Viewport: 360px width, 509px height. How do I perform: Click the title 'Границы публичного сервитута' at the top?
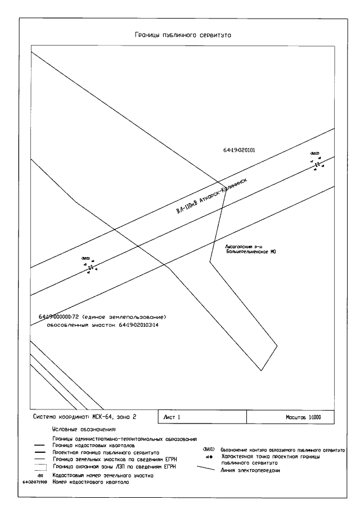click(x=183, y=35)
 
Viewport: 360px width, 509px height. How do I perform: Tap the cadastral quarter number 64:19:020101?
click(x=240, y=151)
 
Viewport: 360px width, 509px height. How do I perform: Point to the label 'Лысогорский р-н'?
click(x=240, y=246)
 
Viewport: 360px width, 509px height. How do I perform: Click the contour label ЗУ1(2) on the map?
click(x=315, y=154)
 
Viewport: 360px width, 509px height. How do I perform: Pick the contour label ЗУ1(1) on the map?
click(x=86, y=258)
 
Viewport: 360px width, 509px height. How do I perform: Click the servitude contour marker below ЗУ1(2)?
click(x=317, y=164)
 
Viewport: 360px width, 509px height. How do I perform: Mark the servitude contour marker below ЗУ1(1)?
click(x=90, y=268)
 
